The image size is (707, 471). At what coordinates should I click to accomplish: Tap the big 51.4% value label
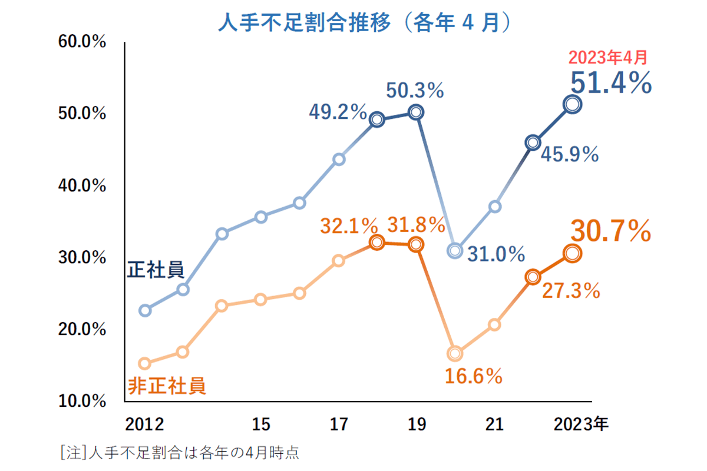[612, 83]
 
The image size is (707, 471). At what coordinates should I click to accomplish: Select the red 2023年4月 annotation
[607, 58]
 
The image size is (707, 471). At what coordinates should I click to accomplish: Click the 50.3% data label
[415, 90]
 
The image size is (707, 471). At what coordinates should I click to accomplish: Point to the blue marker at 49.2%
[377, 120]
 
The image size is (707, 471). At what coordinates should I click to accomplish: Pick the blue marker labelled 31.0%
[454, 251]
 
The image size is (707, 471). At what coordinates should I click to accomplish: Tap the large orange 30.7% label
[611, 231]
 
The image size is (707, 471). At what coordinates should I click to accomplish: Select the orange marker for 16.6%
[454, 353]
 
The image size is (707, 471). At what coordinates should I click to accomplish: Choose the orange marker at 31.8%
[416, 244]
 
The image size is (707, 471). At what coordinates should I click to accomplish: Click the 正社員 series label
[156, 270]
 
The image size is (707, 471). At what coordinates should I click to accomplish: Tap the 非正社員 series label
[167, 386]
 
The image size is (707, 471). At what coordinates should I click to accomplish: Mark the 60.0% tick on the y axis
[82, 42]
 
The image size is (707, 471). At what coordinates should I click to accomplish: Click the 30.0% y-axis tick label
[82, 258]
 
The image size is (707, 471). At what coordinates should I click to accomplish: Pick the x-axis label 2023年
[580, 424]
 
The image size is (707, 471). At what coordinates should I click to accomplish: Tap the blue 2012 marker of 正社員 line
[144, 310]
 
